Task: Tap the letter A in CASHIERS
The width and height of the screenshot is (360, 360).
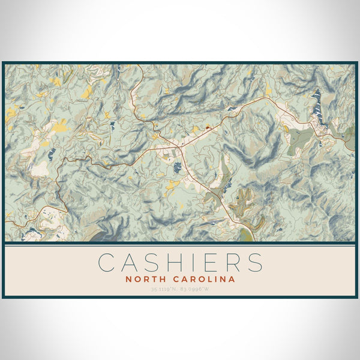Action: pos(131,263)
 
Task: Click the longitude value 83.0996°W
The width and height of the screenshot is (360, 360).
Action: pos(196,290)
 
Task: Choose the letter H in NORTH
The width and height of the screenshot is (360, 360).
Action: pos(159,279)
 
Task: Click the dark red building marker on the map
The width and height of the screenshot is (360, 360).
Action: pos(208,127)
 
